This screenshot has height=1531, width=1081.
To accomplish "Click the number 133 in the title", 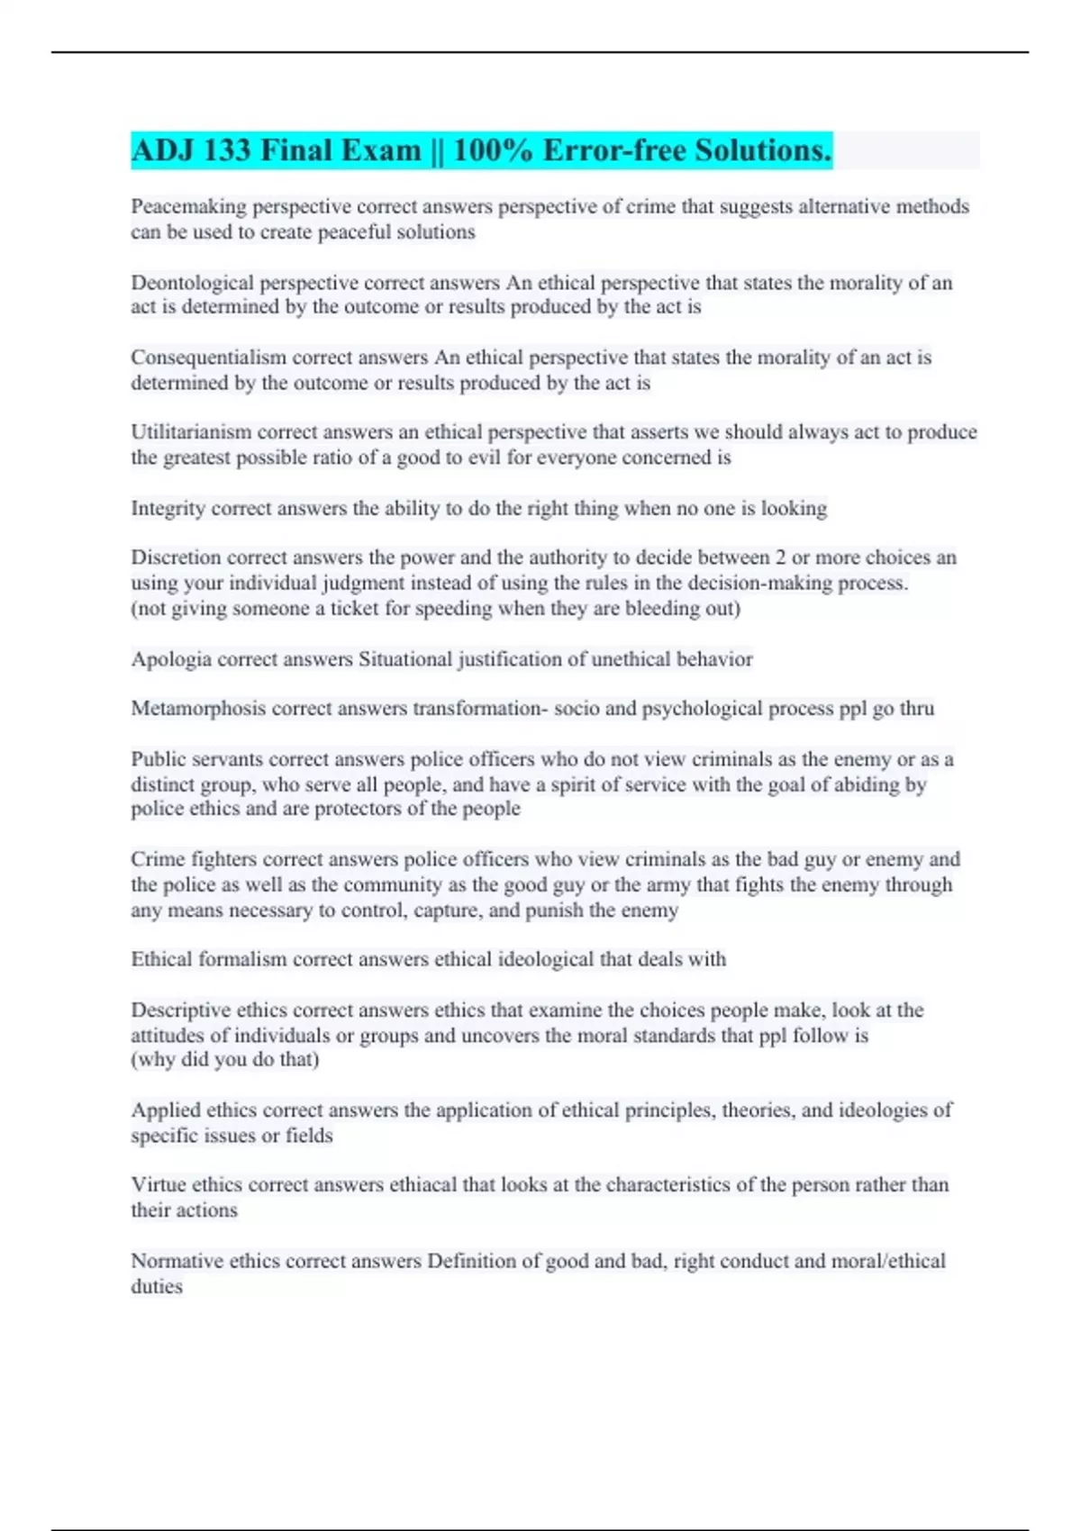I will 227,150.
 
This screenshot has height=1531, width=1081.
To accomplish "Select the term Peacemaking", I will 188,207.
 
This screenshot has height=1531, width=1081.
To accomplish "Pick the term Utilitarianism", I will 191,432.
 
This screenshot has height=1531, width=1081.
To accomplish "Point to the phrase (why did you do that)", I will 225,1060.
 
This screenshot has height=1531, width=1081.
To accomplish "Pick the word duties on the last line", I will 157,1287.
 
